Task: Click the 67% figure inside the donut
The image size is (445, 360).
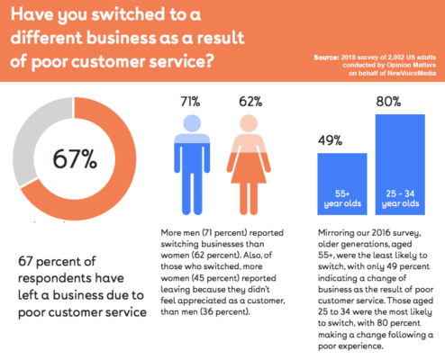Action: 77,160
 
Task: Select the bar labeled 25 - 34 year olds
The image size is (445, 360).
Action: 399,175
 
